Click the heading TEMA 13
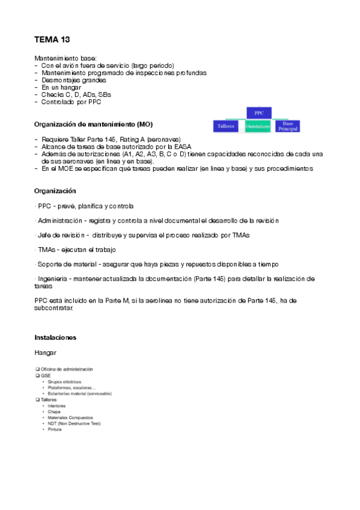pos(52,40)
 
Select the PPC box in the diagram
pos(259,113)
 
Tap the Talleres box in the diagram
pos(227,126)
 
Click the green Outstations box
pos(258,126)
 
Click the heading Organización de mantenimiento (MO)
pos(93,124)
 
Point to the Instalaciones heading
pos(55,337)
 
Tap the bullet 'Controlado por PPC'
pos(72,102)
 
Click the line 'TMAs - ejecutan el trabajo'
pos(76,250)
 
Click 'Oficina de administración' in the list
pos(67,369)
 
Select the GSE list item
pos(46,375)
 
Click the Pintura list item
pos(55,429)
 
